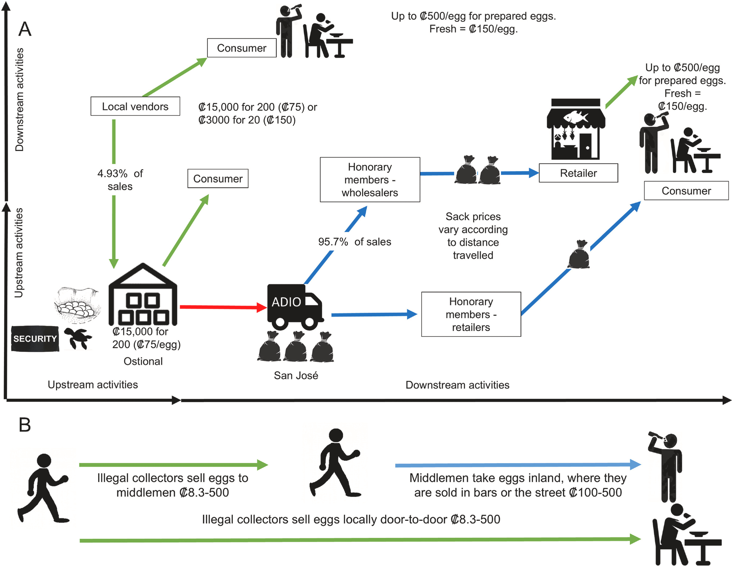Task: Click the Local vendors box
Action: pyautogui.click(x=135, y=106)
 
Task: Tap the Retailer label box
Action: pyautogui.click(x=578, y=173)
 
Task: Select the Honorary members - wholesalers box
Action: pyautogui.click(x=370, y=180)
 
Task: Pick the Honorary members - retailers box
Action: pyautogui.click(x=471, y=314)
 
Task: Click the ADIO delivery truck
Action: pyautogui.click(x=295, y=306)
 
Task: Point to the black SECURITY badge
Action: pyautogui.click(x=35, y=339)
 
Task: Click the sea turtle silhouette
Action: pyautogui.click(x=78, y=338)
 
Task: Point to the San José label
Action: pyautogui.click(x=296, y=375)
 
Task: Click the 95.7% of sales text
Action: pyautogui.click(x=354, y=242)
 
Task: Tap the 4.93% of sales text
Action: pyautogui.click(x=120, y=180)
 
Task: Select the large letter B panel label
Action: pyautogui.click(x=25, y=425)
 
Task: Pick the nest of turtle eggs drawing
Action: pyautogui.click(x=77, y=305)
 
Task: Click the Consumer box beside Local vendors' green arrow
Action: pyautogui.click(x=242, y=48)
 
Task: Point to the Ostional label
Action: pyautogui.click(x=143, y=361)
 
